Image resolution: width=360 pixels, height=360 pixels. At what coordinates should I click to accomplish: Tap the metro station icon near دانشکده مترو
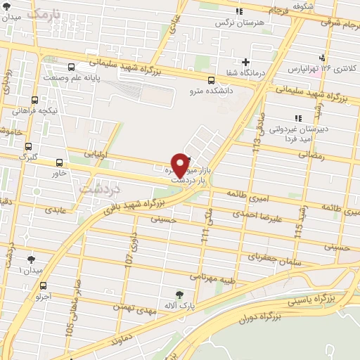pyautogui.click(x=212, y=79)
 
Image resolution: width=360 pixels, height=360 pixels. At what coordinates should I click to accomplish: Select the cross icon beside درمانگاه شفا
pyautogui.click(x=245, y=62)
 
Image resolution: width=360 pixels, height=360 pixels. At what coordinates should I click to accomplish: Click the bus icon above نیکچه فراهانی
pyautogui.click(x=35, y=100)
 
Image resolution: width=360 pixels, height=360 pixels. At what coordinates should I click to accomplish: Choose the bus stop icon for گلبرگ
pyautogui.click(x=28, y=147)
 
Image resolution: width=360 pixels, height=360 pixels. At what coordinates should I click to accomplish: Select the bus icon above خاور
pyautogui.click(x=59, y=161)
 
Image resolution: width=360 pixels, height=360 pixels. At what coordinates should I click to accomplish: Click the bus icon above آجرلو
pyautogui.click(x=44, y=285)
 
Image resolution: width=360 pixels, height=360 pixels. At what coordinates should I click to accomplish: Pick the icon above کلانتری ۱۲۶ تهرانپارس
pyautogui.click(x=323, y=57)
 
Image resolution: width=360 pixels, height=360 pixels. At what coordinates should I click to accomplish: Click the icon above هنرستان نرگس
pyautogui.click(x=239, y=11)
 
